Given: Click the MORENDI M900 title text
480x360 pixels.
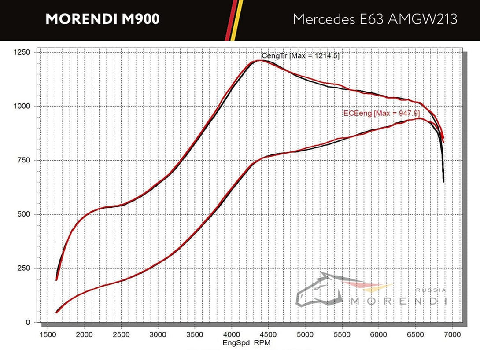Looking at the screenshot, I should click(103, 19).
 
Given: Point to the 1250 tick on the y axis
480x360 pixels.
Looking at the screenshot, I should click(22, 52).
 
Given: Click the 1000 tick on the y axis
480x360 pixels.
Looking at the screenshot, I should click(22, 107).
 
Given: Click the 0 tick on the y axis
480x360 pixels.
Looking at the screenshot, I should click(28, 323).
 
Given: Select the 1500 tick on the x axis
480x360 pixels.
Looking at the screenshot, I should click(47, 335).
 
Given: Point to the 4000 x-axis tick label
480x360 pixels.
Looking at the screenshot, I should click(231, 335).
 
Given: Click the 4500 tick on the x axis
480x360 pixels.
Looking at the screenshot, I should click(268, 335).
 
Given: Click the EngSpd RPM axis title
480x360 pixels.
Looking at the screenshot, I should click(246, 342).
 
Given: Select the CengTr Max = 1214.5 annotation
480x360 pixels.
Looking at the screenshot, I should click(300, 56).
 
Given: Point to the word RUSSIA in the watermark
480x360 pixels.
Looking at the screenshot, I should click(431, 290).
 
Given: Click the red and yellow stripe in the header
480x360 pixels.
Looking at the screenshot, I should click(233, 20).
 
